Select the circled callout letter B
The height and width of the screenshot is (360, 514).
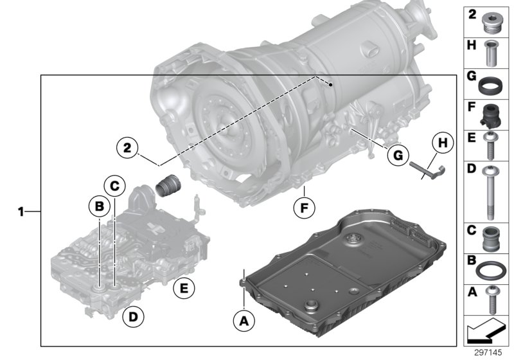point(98,206)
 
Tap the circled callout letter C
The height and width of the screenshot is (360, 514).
point(114,186)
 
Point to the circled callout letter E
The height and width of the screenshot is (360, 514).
point(184,289)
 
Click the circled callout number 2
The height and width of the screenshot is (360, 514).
point(128,147)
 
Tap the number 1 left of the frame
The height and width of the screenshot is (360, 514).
point(21,211)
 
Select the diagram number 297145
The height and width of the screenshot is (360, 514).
point(488,353)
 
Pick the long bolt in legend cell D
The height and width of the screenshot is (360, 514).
point(488,191)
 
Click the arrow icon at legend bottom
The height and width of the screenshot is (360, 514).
point(486,332)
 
